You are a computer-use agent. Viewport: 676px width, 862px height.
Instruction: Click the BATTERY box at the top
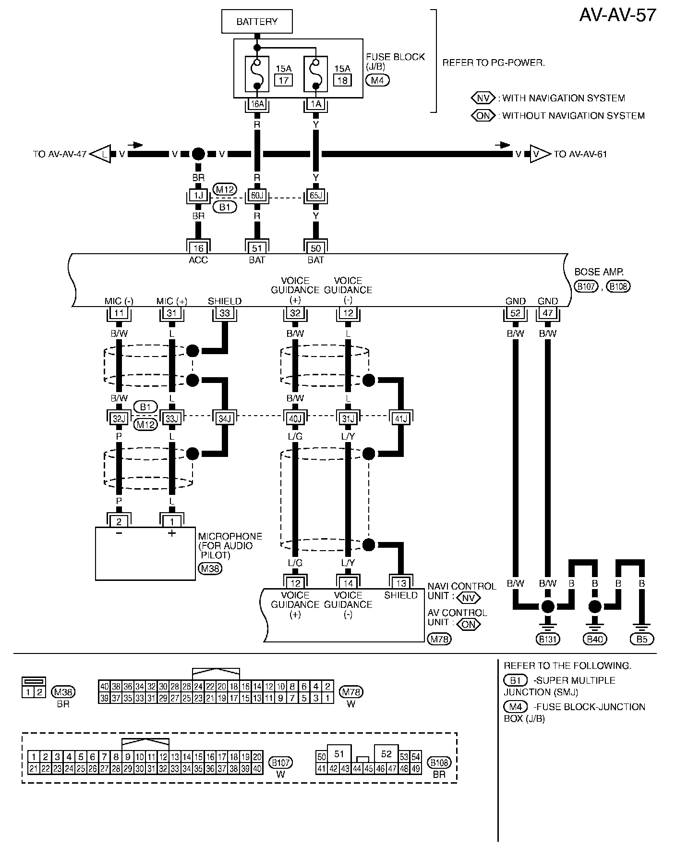257,22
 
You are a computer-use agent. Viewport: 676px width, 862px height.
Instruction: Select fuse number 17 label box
283,80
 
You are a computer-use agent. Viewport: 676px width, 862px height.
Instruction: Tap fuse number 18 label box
342,80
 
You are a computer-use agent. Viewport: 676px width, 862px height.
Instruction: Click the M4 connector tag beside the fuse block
377,80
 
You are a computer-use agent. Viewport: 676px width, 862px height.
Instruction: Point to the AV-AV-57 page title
617,15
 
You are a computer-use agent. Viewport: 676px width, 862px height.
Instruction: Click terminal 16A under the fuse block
257,104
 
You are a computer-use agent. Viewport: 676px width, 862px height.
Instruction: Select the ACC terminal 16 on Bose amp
198,248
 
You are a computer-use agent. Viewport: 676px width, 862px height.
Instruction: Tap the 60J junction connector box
257,196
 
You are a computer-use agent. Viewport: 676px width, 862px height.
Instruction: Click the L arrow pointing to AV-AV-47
101,154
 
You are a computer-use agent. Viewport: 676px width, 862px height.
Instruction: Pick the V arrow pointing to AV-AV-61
539,154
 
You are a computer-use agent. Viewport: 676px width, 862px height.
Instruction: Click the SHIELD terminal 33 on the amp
225,313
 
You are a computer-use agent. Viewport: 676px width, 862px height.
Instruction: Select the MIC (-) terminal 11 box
119,313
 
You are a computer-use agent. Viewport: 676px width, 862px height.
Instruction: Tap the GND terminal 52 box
515,313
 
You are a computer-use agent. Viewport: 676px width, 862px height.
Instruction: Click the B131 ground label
548,639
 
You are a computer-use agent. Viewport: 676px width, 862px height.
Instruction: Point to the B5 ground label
642,639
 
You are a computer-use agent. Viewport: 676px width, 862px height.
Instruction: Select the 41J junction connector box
401,418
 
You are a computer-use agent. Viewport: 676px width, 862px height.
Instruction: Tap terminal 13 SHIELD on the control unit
401,583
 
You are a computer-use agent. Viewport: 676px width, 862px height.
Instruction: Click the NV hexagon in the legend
483,98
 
